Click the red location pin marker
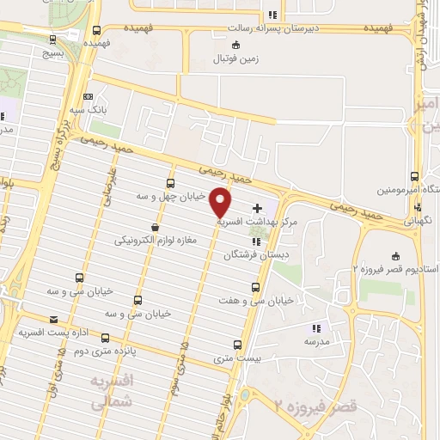point(221,204)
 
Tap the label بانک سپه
point(89,111)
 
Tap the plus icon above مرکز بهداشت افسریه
point(259,209)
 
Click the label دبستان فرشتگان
point(252,254)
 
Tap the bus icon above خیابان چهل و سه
point(170,183)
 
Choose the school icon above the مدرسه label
point(315,327)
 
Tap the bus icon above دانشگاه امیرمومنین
point(416,176)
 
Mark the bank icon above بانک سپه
point(89,97)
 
